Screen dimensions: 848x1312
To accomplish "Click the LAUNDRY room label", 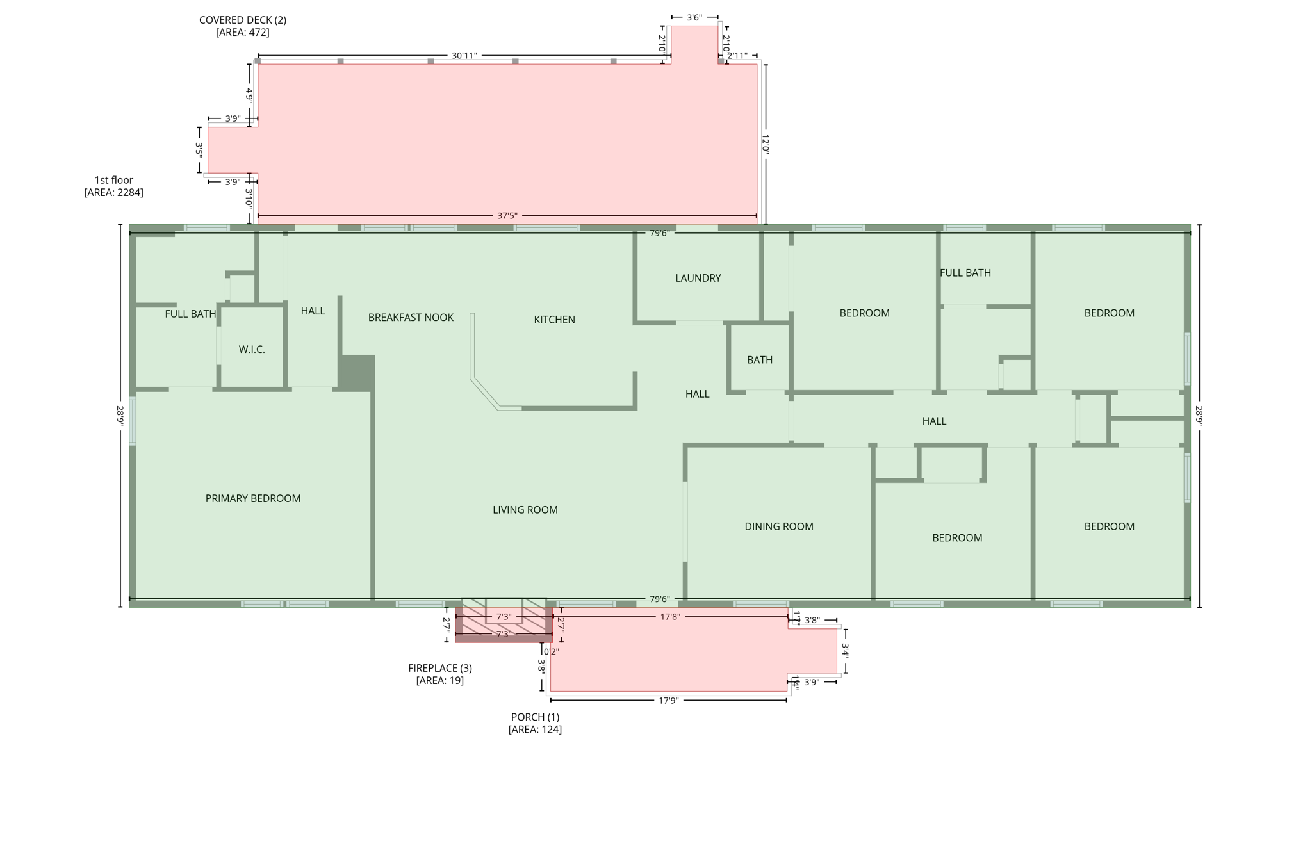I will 698,278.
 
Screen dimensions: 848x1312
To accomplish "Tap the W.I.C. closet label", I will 252,349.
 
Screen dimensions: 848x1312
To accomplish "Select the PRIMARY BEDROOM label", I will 252,498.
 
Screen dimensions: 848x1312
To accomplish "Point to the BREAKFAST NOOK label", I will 411,317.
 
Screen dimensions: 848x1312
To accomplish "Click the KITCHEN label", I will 554,320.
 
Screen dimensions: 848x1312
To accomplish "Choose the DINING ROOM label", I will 778,526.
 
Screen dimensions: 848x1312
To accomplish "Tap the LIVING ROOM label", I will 525,510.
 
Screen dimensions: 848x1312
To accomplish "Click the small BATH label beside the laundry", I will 759,360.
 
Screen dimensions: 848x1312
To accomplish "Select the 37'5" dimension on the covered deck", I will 507,216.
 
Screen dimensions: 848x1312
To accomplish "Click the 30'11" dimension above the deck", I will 464,56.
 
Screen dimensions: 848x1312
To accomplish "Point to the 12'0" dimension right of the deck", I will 766,143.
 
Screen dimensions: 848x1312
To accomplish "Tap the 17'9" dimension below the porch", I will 668,701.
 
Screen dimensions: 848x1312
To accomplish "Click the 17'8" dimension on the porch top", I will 670,617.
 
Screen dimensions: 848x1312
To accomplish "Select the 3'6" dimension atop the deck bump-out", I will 694,17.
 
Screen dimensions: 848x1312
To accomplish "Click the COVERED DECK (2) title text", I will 242,20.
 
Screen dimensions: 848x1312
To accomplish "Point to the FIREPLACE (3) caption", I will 439,668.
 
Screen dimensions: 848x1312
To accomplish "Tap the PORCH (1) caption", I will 535,717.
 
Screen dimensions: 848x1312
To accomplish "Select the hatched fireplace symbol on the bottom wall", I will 504,619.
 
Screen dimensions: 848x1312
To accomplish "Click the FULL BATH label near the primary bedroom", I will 190,314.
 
